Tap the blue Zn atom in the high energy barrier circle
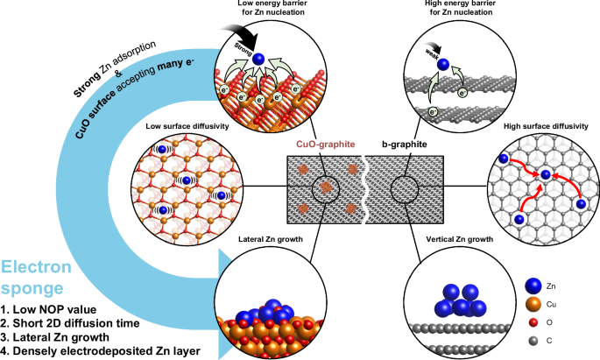tap(445, 63)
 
